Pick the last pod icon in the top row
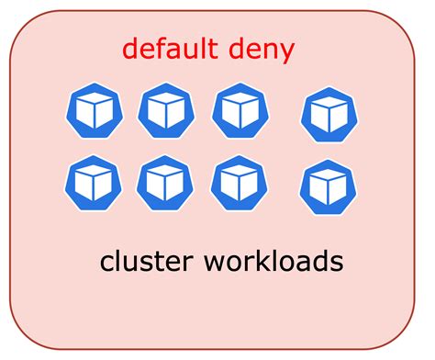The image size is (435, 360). point(329,115)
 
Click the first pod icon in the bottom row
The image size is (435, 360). point(93,183)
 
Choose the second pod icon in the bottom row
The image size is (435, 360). point(165,183)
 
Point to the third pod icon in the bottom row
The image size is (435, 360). point(239,183)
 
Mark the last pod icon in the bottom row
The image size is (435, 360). point(328,186)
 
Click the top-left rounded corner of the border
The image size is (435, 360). point(22,24)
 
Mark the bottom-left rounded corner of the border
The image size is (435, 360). point(22,336)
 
